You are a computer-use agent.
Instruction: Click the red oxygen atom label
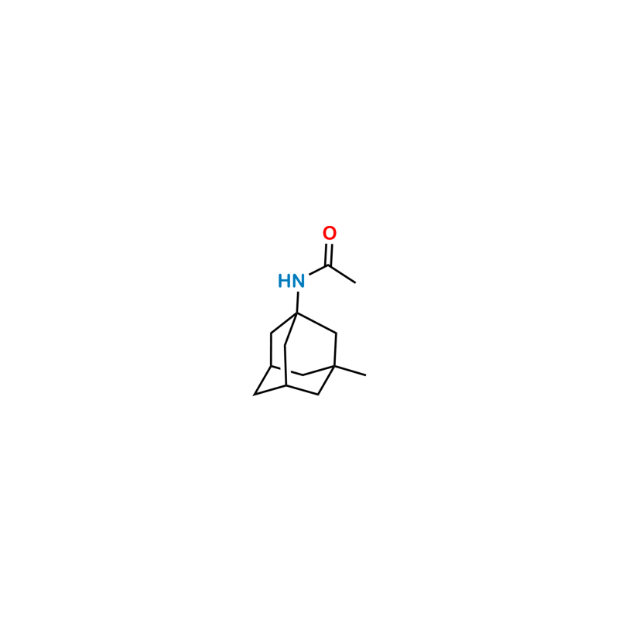coord(330,234)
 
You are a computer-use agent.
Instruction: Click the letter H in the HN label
coord(284,281)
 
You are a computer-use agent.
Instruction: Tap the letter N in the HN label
coord(298,281)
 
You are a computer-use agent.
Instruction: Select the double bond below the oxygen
coord(329,255)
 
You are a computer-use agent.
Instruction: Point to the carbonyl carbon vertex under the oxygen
coord(328,266)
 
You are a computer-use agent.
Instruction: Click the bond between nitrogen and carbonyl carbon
coord(318,271)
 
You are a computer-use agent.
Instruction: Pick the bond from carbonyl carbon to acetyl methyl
coord(342,275)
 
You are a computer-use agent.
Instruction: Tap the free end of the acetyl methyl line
coord(355,283)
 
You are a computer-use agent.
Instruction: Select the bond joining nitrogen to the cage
coord(298,303)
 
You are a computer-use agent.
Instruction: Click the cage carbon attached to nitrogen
coord(297,313)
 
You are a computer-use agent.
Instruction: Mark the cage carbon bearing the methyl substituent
coord(334,366)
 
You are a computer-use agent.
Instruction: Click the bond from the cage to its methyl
coord(351,371)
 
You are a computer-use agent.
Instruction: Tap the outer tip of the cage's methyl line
coord(366,375)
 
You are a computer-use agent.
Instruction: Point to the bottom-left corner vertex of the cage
coord(254,395)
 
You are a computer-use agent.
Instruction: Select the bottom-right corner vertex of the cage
coord(318,395)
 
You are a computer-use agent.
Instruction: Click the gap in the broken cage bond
coord(286,371)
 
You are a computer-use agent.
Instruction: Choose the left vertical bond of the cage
coord(272,350)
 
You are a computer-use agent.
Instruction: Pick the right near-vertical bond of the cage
coord(335,350)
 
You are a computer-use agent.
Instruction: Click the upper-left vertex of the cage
coord(272,333)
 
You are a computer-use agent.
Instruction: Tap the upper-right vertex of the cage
coord(336,333)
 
